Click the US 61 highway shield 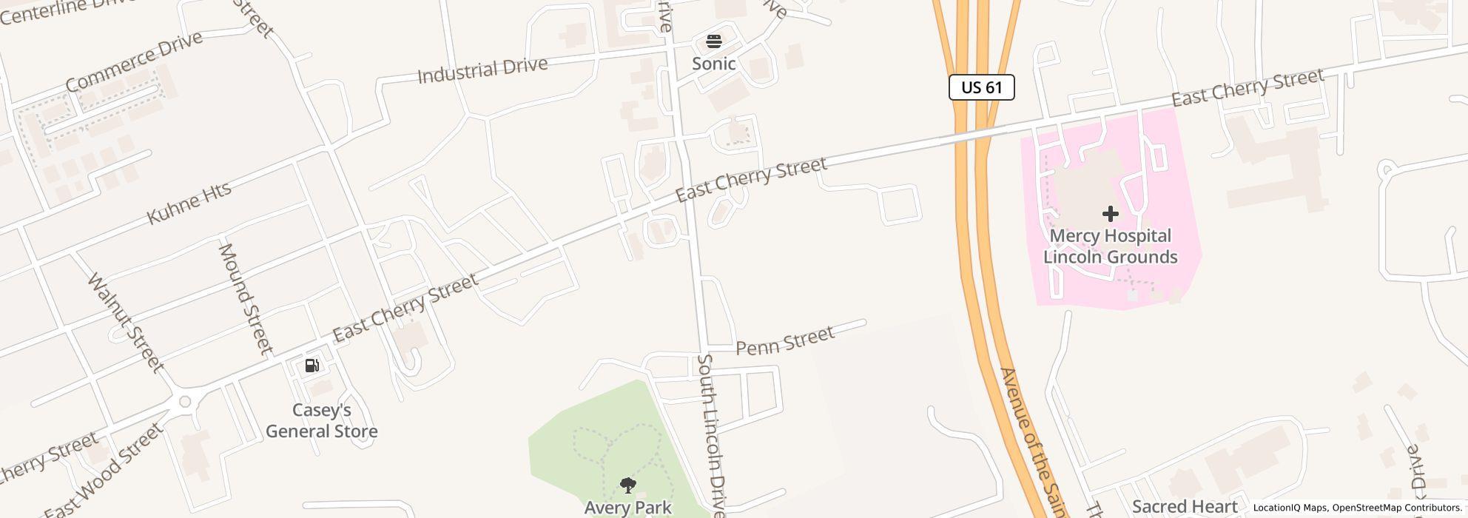point(981,87)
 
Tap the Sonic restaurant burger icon point(713,41)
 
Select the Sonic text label point(713,64)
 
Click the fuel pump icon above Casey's point(312,365)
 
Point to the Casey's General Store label point(322,420)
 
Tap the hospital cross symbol point(1110,214)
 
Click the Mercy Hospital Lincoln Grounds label point(1110,246)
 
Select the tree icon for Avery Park point(627,485)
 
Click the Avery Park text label point(627,508)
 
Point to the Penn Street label point(785,340)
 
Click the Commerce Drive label point(134,61)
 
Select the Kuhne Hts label point(189,202)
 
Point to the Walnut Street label point(125,323)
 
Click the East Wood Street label point(103,472)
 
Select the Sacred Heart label point(1185,507)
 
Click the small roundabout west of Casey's point(185,402)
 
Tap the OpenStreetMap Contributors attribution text point(1395,508)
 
